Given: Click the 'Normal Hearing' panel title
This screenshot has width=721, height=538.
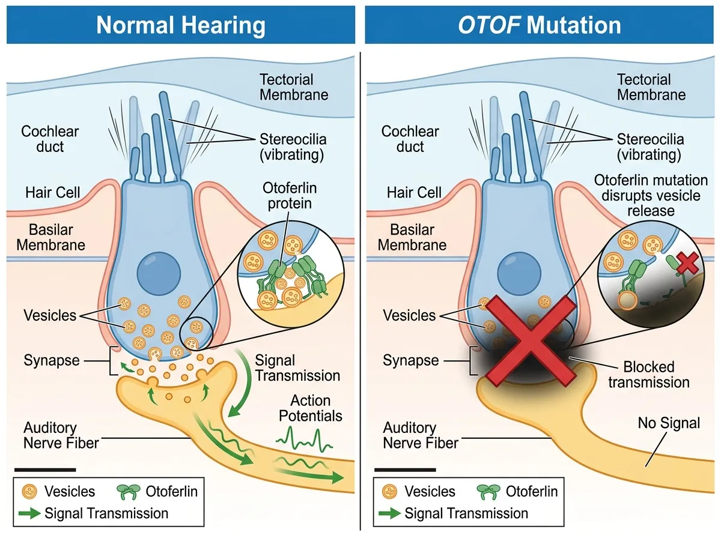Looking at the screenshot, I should pyautogui.click(x=180, y=25).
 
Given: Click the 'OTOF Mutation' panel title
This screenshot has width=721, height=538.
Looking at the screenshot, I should pyautogui.click(x=539, y=25).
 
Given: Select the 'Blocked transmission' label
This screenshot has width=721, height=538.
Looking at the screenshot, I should pyautogui.click(x=648, y=374).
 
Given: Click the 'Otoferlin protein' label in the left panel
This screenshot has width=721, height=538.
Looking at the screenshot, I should pyautogui.click(x=290, y=196).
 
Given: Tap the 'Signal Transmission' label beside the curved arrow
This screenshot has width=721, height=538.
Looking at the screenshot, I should pyautogui.click(x=297, y=368).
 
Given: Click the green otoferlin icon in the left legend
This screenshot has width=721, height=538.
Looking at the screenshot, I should pyautogui.click(x=127, y=492).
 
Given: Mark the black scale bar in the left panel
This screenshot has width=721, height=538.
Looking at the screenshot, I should pyautogui.click(x=45, y=468).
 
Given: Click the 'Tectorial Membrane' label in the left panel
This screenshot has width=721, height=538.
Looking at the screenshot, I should pyautogui.click(x=294, y=87).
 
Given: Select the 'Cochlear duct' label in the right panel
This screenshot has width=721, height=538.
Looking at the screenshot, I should pyautogui.click(x=410, y=139).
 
